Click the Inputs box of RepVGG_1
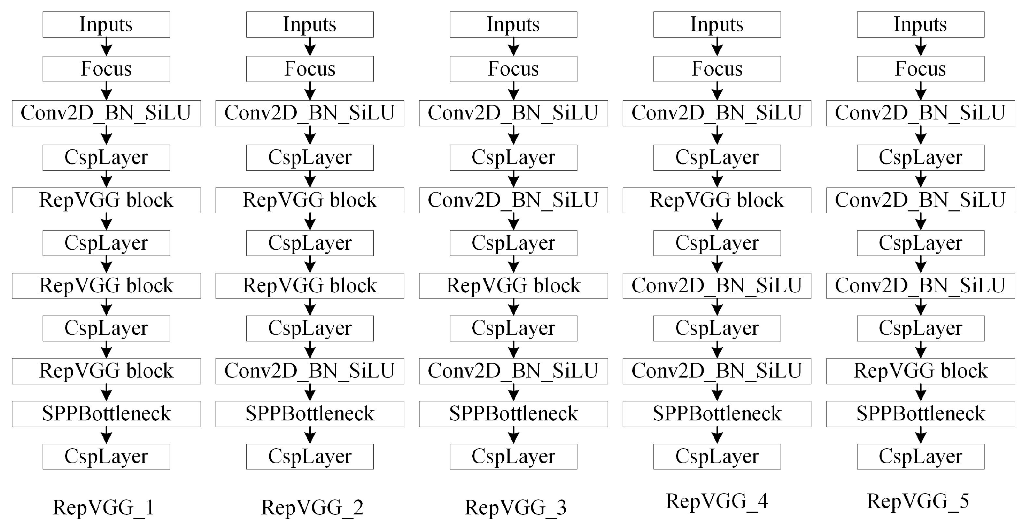tap(106, 24)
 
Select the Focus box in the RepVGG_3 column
tap(513, 69)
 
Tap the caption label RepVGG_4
tap(717, 501)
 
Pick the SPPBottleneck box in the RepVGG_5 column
tap(920, 414)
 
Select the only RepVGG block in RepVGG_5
tap(920, 371)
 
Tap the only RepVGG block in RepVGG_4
tap(717, 200)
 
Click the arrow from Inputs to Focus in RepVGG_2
tap(310, 47)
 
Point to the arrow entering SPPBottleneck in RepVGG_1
tap(106, 393)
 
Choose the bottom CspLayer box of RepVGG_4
tap(717, 457)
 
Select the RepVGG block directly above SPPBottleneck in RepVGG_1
tap(106, 371)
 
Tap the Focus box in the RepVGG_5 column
tap(920, 69)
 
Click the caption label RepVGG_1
tap(103, 507)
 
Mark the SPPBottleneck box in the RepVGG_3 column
tap(513, 414)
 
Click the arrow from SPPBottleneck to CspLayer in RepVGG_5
tap(920, 435)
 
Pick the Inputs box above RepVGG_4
tap(717, 24)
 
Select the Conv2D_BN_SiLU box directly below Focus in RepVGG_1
tap(106, 113)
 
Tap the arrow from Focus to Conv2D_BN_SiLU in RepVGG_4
tap(717, 91)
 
